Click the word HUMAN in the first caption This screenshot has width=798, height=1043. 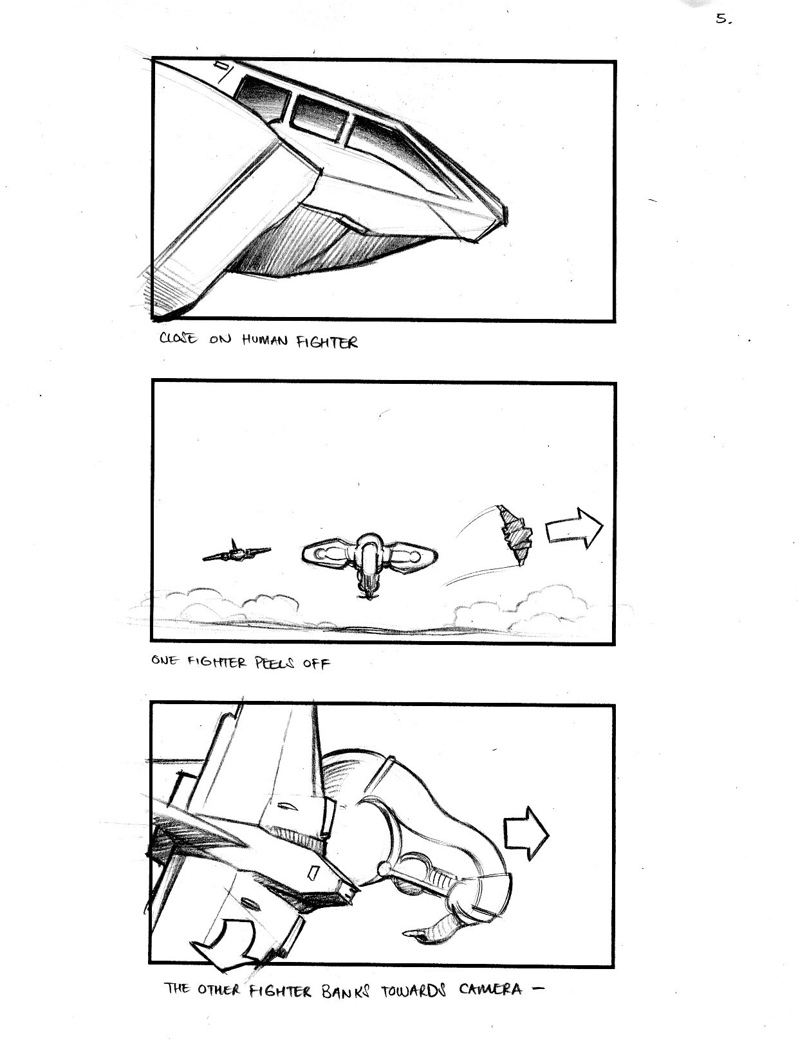click(x=264, y=340)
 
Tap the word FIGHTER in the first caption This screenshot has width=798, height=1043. click(x=327, y=342)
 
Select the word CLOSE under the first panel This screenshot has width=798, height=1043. click(x=178, y=338)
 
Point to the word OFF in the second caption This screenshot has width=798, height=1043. click(x=316, y=664)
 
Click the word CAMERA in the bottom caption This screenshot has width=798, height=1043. click(x=490, y=989)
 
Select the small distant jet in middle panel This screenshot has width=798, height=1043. click(x=236, y=552)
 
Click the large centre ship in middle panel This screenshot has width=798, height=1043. click(x=369, y=561)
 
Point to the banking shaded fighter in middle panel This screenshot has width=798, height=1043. click(x=515, y=534)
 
